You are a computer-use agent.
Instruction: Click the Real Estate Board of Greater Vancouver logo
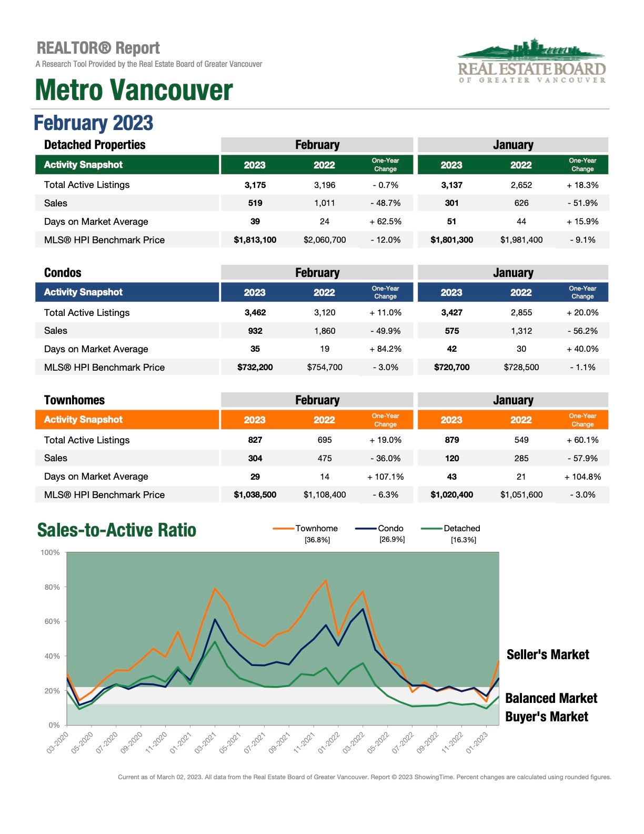tap(531, 60)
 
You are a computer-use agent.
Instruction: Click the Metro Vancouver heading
tap(134, 90)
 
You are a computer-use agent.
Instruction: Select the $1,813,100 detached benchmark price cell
tap(255, 240)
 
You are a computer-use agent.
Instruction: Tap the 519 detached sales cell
tap(255, 203)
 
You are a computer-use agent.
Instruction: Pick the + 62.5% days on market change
tap(386, 222)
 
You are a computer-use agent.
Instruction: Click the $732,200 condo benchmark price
tap(255, 368)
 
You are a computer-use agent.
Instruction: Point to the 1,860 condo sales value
tap(325, 331)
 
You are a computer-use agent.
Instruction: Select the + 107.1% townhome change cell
tap(386, 476)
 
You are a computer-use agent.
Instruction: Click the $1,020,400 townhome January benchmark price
tap(451, 495)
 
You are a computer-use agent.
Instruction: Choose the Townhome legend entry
tap(305, 529)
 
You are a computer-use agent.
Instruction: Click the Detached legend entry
tap(451, 529)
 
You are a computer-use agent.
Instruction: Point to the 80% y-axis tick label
tap(52, 587)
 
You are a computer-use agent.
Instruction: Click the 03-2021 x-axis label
tap(206, 743)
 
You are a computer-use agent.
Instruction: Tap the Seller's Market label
tap(548, 654)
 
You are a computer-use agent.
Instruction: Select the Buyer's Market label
tap(547, 717)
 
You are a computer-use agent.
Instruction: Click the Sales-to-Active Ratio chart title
tap(117, 530)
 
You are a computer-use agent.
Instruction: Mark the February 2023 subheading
tap(94, 123)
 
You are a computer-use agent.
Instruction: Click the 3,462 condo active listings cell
tap(255, 312)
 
